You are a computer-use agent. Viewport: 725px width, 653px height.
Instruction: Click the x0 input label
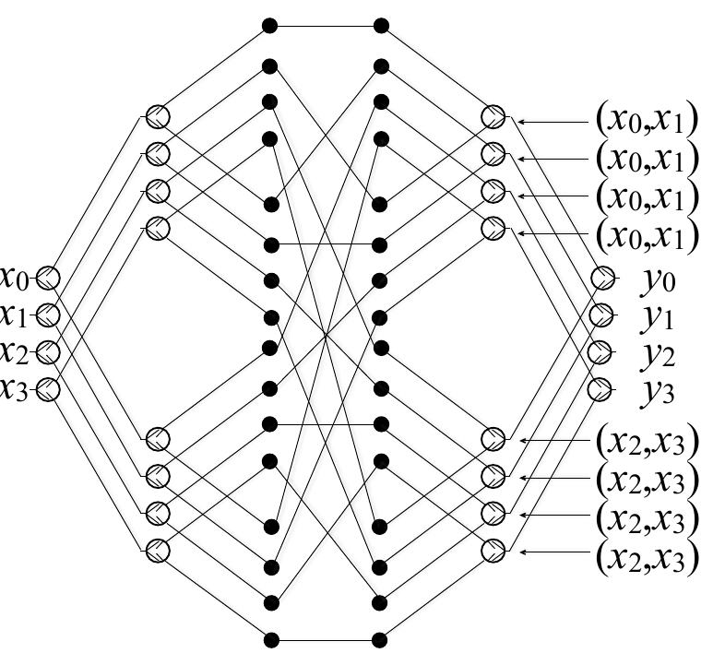16,277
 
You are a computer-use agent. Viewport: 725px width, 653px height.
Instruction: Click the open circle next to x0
48,277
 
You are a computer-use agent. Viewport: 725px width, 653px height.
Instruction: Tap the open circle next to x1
48,315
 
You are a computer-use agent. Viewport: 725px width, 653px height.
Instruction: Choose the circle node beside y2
600,351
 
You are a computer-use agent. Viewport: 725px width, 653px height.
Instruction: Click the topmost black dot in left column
270,25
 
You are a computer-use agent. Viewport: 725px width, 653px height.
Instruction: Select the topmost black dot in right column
380,25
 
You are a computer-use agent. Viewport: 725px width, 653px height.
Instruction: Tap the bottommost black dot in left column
270,637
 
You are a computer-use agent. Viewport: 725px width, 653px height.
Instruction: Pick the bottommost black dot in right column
380,637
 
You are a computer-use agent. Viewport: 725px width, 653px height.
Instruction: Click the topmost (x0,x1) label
647,119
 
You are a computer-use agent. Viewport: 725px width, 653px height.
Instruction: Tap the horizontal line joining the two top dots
325,25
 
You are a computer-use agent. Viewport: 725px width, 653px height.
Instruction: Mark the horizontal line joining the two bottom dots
325,637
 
